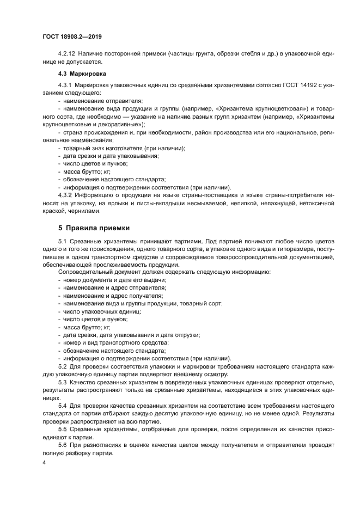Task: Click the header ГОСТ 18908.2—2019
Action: click(72, 36)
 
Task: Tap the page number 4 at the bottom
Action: click(44, 462)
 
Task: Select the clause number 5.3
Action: click(62, 383)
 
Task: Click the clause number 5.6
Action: click(62, 445)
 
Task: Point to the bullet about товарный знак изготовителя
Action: click(124, 148)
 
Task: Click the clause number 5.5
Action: click(62, 430)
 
